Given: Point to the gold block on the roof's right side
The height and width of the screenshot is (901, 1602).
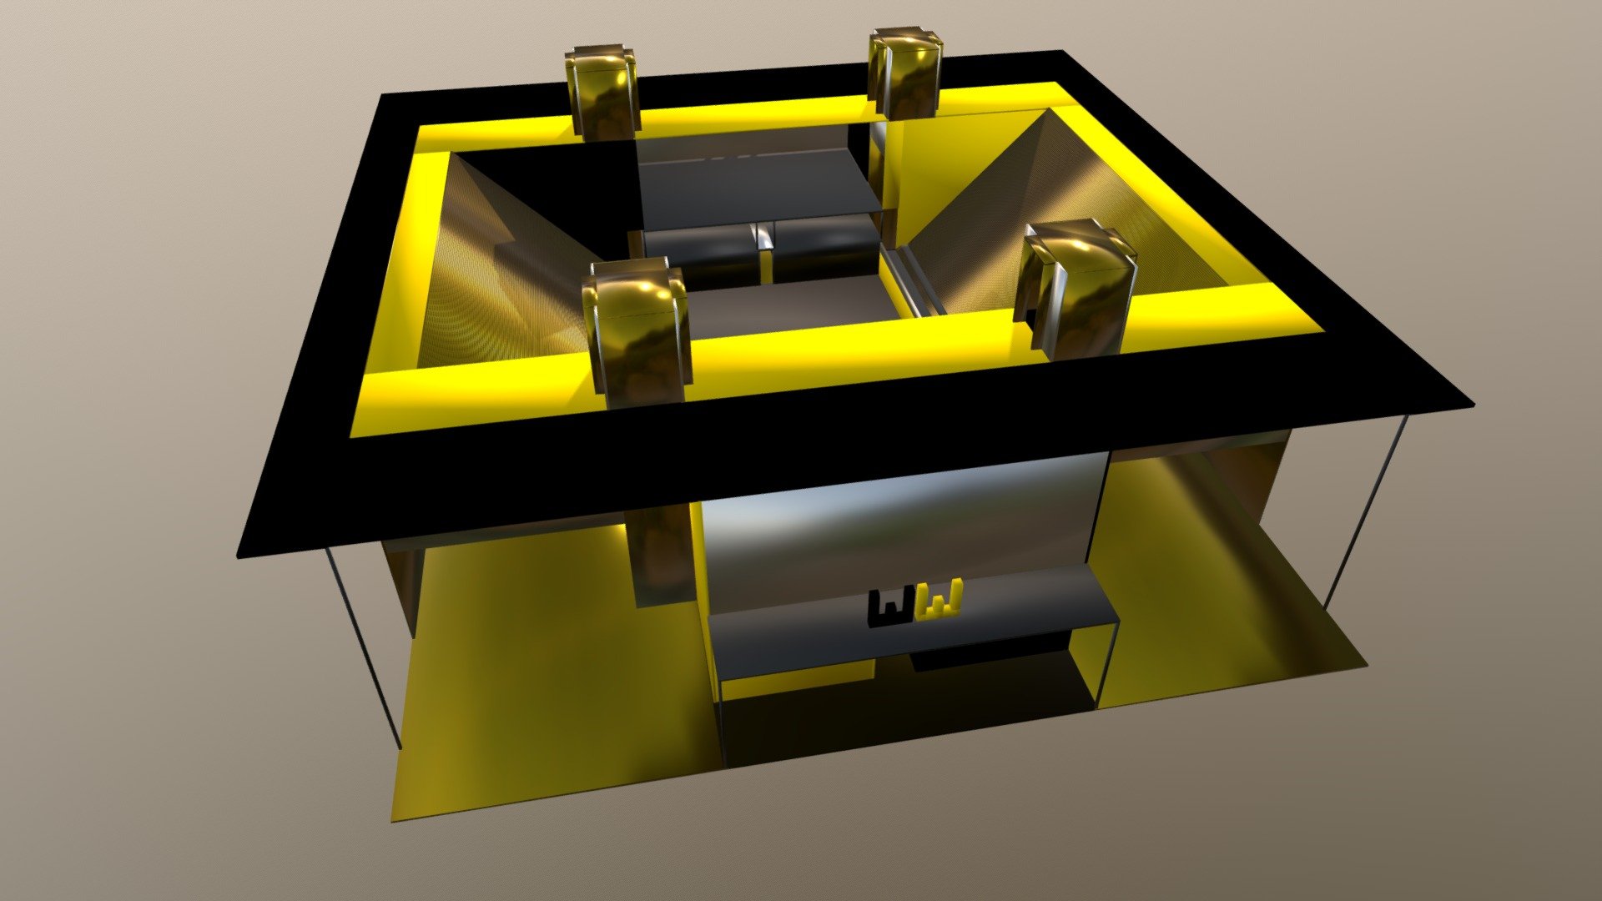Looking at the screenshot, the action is pos(1079,288).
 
